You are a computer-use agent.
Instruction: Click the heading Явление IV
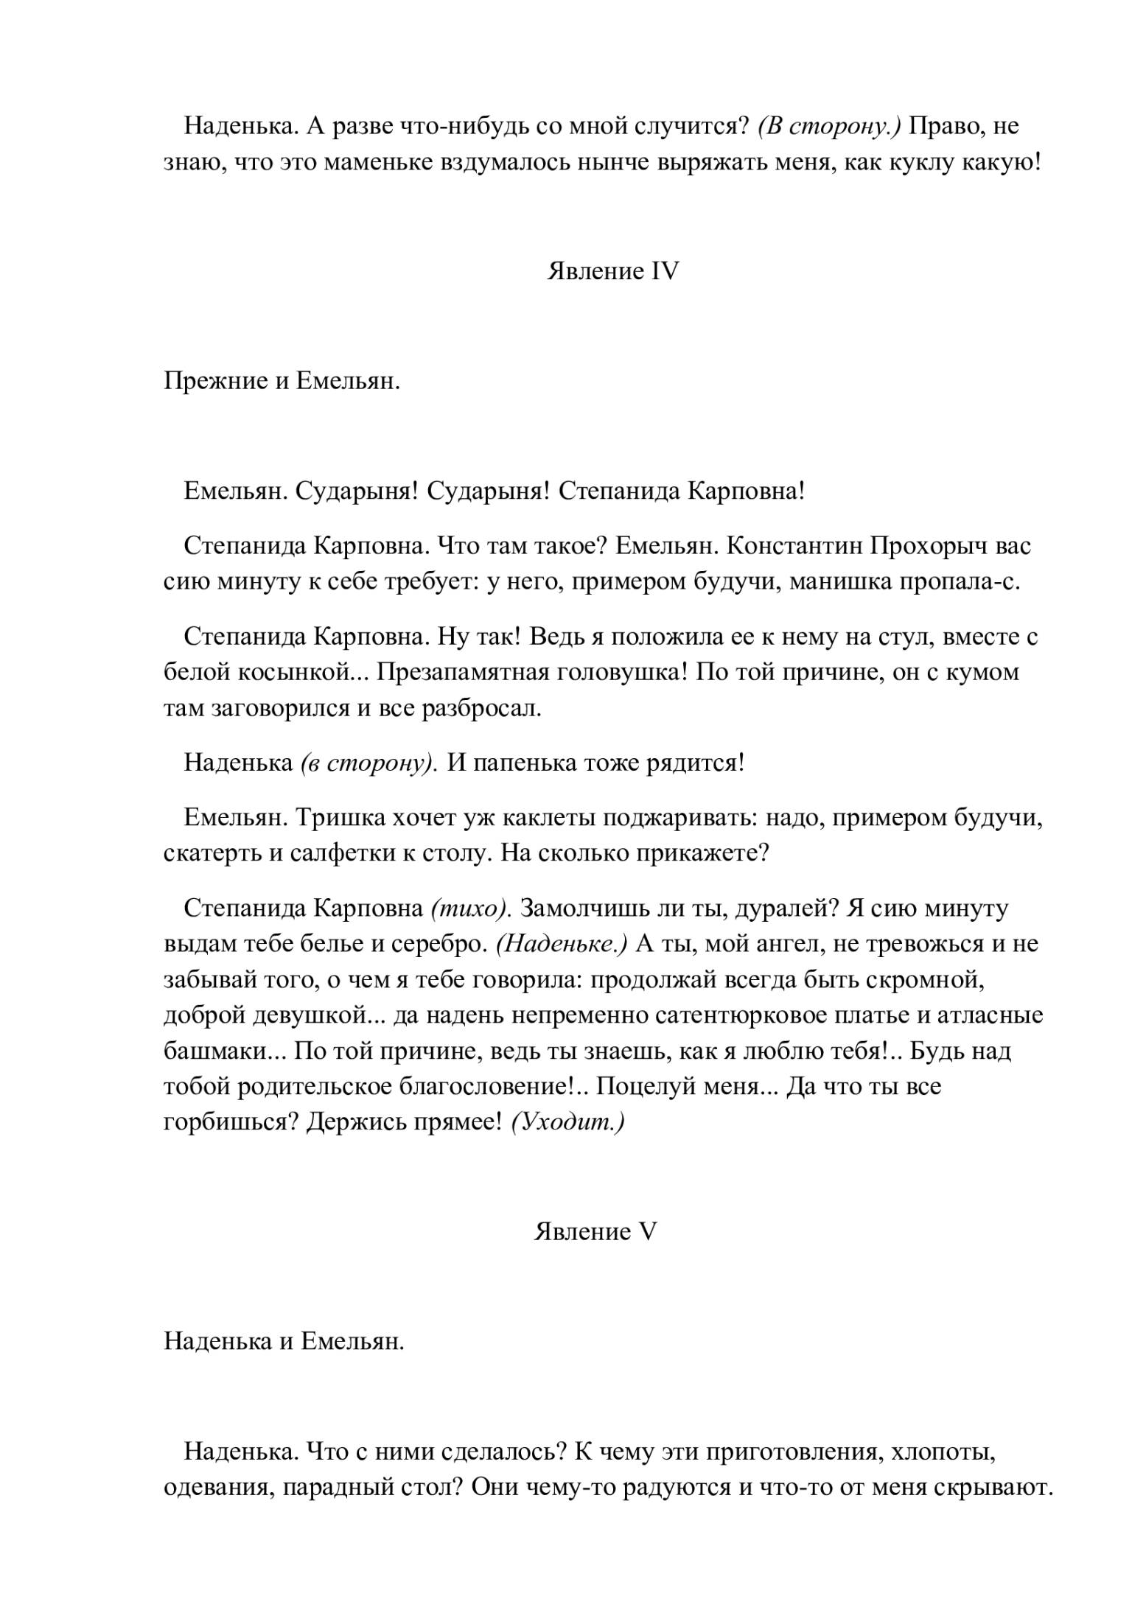pyautogui.click(x=612, y=272)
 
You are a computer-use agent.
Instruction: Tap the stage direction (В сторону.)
pyautogui.click(x=829, y=126)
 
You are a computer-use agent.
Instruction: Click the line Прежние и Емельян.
pyautogui.click(x=282, y=382)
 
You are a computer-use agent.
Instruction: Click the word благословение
pyautogui.click(x=484, y=1086)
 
